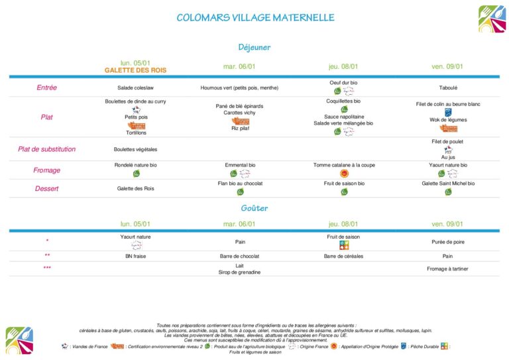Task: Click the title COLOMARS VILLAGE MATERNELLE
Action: (x=255, y=18)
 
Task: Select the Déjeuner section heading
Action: (x=254, y=48)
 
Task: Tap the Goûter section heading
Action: (x=254, y=208)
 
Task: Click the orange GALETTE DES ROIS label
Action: (x=135, y=70)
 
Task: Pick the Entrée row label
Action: (x=46, y=88)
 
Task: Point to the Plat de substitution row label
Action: (x=46, y=149)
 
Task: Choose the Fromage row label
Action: (x=46, y=170)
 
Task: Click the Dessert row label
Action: (x=46, y=189)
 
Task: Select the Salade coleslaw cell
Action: (x=135, y=88)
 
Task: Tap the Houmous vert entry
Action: (x=239, y=88)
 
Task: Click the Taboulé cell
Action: (x=448, y=88)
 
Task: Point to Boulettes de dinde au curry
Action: (x=135, y=101)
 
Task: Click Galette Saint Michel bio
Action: (x=448, y=183)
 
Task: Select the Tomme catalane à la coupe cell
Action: (x=344, y=164)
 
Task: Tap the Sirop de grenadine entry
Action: (x=239, y=272)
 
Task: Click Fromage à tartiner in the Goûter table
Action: (x=448, y=269)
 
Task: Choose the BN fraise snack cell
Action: (x=135, y=255)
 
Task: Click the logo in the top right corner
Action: (x=492, y=19)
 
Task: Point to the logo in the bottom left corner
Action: (x=19, y=340)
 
